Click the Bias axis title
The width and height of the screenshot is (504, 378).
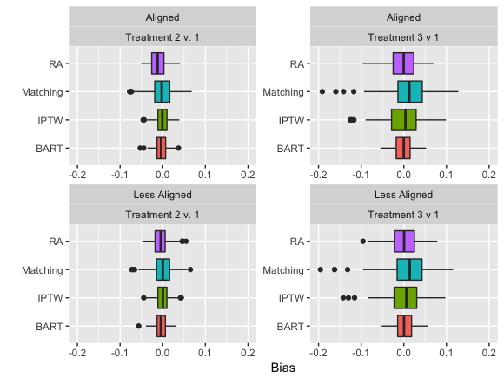(283, 368)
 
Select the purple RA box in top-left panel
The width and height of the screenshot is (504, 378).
(157, 63)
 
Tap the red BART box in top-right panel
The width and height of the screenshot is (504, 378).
(403, 149)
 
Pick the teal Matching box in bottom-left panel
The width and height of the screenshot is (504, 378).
(163, 269)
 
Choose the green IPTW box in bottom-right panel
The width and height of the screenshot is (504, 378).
(405, 298)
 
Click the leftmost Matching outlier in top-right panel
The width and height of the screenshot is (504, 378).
(322, 91)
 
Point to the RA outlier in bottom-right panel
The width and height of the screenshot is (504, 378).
(363, 242)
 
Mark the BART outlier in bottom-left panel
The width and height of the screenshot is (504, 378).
(138, 326)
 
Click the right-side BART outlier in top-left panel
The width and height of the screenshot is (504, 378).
(178, 149)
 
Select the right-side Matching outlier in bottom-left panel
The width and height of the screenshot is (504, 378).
(190, 269)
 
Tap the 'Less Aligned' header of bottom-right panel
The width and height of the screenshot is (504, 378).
(403, 195)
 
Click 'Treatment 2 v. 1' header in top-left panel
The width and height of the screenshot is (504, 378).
(162, 37)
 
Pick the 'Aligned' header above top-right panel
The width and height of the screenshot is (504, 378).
(403, 17)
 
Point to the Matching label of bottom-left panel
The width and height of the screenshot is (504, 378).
(42, 270)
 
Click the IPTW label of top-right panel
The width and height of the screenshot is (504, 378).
(291, 121)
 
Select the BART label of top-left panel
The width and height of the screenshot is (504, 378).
(50, 149)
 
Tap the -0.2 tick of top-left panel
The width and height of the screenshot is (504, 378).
(77, 175)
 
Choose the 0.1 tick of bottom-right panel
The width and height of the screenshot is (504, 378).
(446, 353)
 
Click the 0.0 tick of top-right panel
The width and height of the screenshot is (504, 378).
(403, 175)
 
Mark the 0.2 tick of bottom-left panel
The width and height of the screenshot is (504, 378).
(248, 353)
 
